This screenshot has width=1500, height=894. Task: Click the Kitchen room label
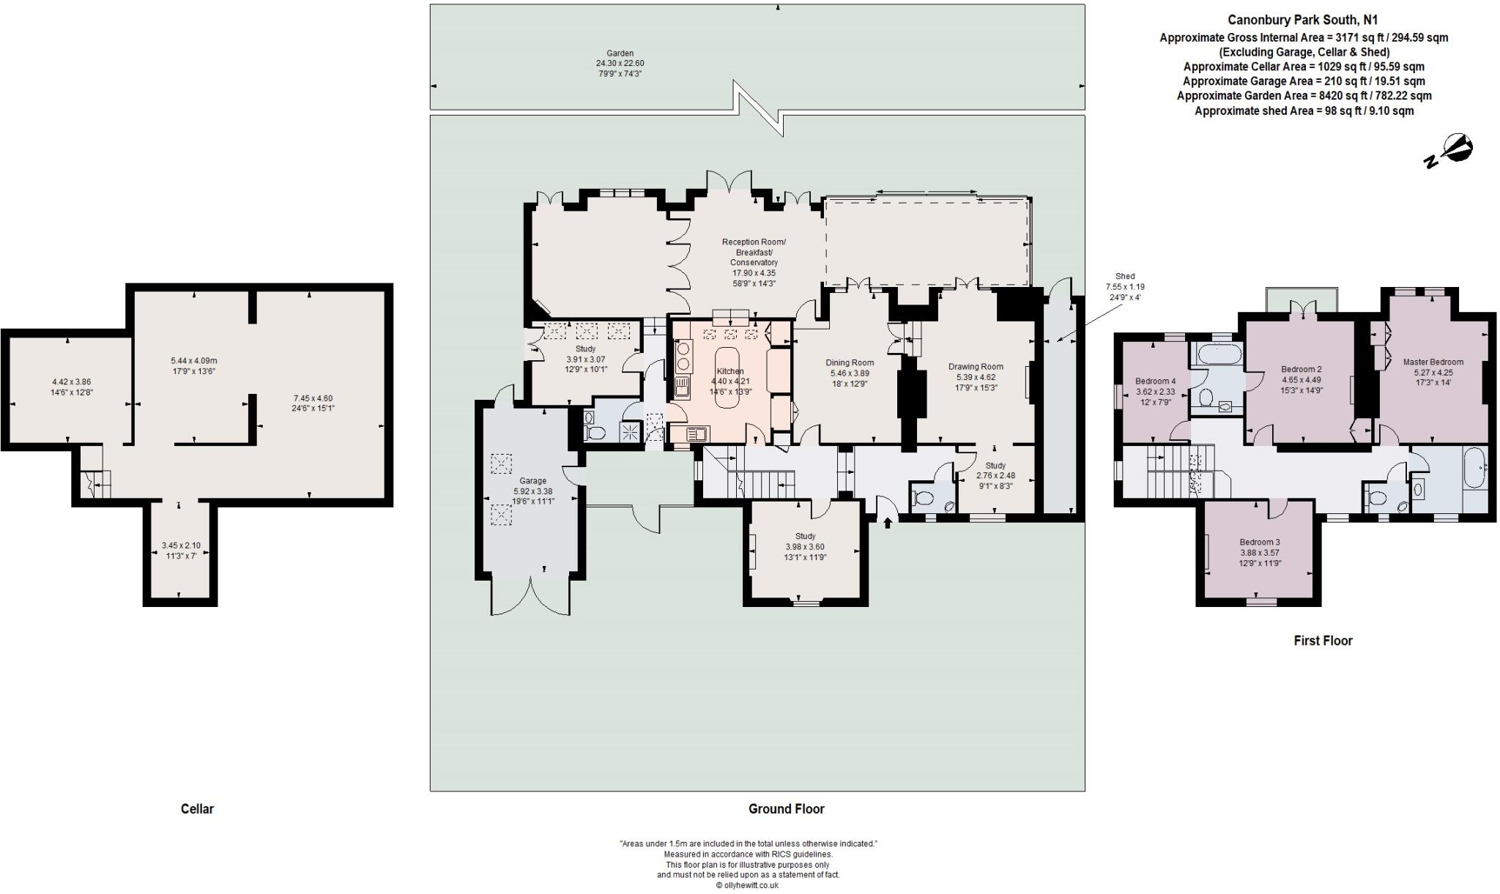730,371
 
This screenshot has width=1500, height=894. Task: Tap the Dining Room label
850,362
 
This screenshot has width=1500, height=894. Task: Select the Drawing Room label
976,367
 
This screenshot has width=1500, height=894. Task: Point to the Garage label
533,481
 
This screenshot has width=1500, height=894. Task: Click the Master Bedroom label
1433,362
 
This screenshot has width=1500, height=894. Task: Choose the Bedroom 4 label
1156,381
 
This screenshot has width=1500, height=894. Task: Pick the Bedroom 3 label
1260,542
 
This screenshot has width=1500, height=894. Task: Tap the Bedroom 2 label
1302,369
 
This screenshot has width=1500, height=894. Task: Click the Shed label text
1125,277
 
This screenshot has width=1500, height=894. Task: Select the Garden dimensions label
620,64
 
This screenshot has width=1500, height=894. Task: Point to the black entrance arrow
888,522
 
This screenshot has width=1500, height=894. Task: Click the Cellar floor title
197,809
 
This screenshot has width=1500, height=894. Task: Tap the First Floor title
1323,641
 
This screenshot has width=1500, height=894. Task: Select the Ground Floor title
786,809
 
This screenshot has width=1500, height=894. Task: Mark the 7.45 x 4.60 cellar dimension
313,398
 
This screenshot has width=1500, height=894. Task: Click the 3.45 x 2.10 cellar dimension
180,545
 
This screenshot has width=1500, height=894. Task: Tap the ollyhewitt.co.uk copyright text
747,885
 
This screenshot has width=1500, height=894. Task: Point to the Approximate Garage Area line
1304,81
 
